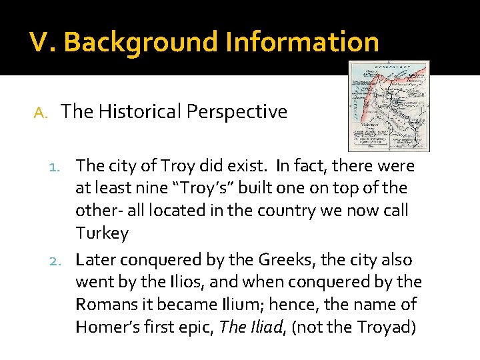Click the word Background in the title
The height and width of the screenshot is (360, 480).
click(141, 42)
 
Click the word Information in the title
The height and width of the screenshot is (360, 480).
click(303, 42)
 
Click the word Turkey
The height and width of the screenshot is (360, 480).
click(102, 233)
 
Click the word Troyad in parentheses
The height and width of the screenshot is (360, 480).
click(388, 327)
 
